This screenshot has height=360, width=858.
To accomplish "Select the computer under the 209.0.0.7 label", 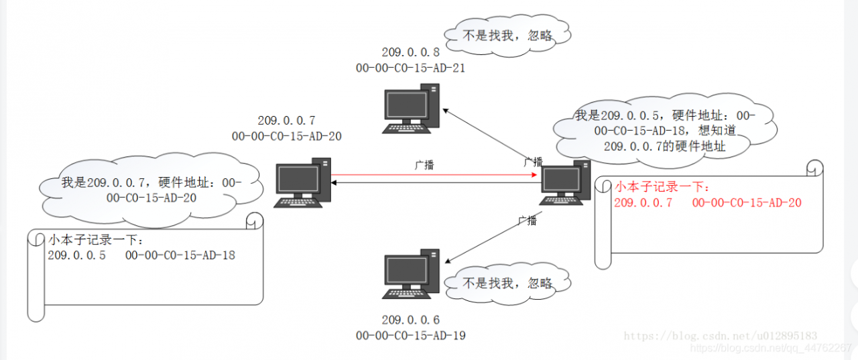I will click(304, 182).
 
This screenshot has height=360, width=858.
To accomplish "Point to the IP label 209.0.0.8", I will click(411, 52).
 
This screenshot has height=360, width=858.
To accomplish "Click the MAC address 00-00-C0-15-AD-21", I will click(411, 68).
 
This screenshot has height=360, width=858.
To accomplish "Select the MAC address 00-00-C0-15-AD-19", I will click(411, 335).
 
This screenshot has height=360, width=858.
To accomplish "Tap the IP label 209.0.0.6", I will click(411, 320).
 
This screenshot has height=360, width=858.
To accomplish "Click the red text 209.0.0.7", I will click(643, 202).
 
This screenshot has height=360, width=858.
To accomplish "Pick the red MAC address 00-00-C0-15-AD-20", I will click(747, 202).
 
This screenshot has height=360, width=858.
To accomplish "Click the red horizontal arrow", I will click(436, 175).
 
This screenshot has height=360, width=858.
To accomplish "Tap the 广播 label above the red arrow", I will click(424, 164).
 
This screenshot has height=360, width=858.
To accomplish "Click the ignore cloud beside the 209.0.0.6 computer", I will click(508, 283).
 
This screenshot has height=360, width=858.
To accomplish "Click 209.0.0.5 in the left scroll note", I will click(76, 255).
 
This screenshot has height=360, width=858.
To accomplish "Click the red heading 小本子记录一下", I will click(662, 187).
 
